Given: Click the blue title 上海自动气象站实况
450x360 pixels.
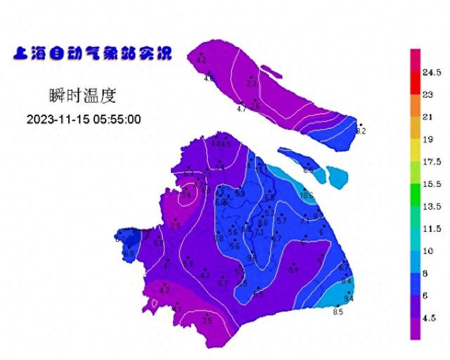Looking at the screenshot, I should tap(91, 53).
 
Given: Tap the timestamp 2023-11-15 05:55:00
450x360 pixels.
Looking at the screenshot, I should tap(84, 119).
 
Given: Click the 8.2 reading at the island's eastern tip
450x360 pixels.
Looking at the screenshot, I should tap(361, 131).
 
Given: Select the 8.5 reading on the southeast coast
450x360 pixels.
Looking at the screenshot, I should tap(337, 311).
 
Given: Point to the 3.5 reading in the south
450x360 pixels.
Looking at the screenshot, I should tap(207, 320).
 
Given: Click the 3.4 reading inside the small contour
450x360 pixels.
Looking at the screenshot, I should tap(186, 195).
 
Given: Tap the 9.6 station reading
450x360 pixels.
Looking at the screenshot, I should tap(251, 258).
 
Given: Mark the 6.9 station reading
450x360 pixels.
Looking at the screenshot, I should tap(188, 263).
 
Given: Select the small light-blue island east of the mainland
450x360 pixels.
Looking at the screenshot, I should tap(337, 179).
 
